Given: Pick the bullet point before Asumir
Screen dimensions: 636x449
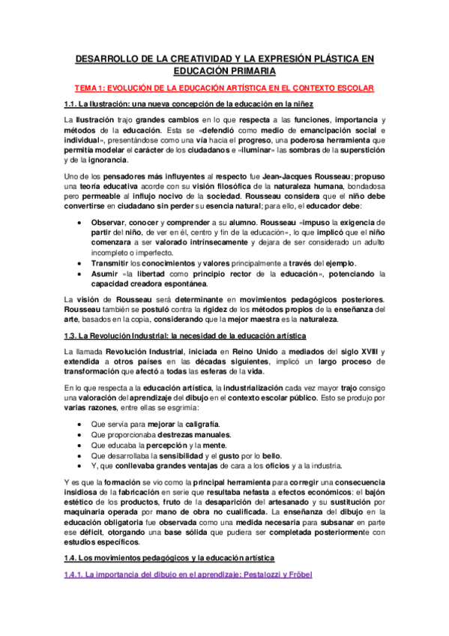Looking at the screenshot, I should tap(80, 274).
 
